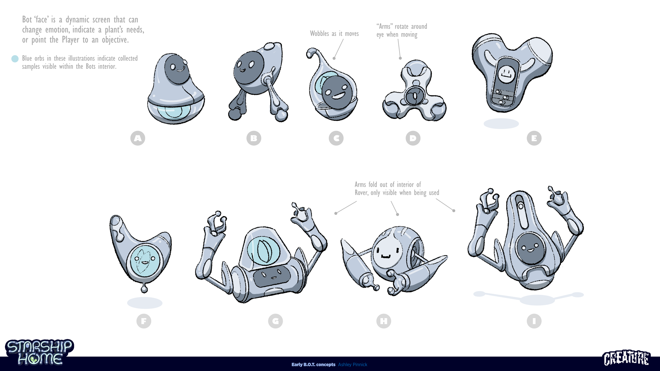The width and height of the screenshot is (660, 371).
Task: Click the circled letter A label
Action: pyautogui.click(x=138, y=138)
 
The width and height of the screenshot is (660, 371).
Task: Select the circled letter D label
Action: pyautogui.click(x=413, y=138)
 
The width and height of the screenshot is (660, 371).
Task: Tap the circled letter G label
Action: pyautogui.click(x=275, y=321)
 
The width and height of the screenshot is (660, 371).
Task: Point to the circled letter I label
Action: pyautogui.click(x=534, y=321)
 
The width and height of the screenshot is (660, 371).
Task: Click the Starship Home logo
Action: pyautogui.click(x=40, y=352)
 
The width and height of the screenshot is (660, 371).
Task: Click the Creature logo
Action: pyautogui.click(x=626, y=358)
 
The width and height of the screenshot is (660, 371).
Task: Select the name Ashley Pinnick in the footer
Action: pyautogui.click(x=352, y=365)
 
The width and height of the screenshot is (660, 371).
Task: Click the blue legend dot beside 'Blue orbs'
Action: pyautogui.click(x=15, y=59)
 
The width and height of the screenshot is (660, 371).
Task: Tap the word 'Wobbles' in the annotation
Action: pyautogui.click(x=319, y=34)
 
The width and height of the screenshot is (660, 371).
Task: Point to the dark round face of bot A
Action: pyautogui.click(x=177, y=69)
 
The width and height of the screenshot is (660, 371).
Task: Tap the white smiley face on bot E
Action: pyautogui.click(x=506, y=74)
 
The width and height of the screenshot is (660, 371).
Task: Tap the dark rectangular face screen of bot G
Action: pyautogui.click(x=272, y=277)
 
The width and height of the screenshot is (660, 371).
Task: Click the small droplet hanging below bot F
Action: pyautogui.click(x=144, y=289)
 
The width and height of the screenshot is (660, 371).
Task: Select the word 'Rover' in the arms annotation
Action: pyautogui.click(x=361, y=193)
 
